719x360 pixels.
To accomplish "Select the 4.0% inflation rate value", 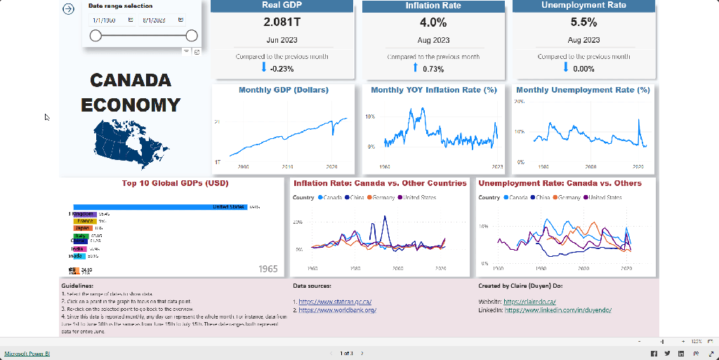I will tap(433, 22).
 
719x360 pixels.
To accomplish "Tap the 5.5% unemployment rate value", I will tap(583, 22).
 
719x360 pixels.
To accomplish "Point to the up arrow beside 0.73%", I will tap(416, 68).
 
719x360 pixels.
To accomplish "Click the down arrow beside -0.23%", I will tap(265, 68).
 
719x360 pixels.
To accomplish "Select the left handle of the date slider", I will tap(95, 36).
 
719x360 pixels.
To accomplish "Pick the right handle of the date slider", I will tap(191, 36).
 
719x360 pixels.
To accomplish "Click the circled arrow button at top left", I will tap(68, 9).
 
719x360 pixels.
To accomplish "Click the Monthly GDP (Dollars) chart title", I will tap(283, 90).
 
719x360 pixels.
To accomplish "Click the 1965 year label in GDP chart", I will tap(268, 269).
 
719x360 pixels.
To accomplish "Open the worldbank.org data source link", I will tap(338, 309).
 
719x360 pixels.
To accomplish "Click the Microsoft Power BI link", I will tap(27, 353).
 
